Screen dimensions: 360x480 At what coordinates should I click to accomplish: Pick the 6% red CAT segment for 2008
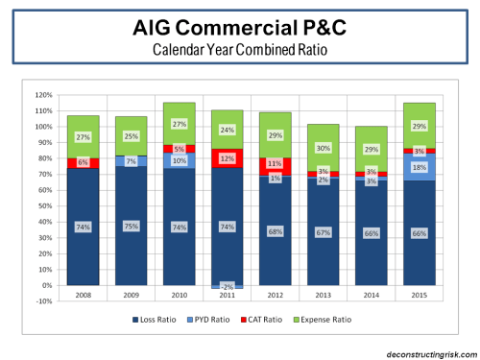point(83,163)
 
